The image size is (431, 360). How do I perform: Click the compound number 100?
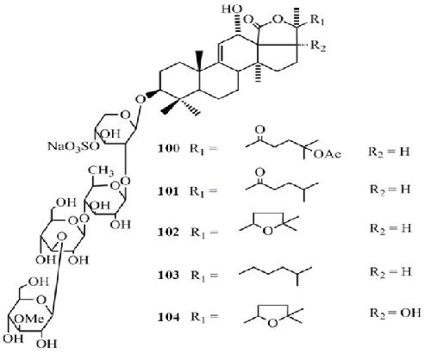[169, 149]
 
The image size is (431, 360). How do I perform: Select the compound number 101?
[168, 191]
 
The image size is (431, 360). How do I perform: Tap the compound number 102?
[168, 233]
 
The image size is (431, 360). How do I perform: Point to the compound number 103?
[168, 276]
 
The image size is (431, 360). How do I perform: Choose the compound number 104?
[168, 317]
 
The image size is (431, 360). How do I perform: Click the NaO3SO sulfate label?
[73, 146]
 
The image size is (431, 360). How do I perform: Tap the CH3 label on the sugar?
[101, 171]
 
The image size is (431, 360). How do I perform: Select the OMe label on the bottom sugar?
[29, 319]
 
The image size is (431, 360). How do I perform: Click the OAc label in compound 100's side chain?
[328, 154]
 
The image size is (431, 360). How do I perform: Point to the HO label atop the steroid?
[231, 9]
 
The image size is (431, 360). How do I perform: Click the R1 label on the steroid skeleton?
[317, 21]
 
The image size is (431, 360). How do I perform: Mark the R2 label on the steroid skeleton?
[318, 47]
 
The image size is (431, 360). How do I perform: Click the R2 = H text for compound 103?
[390, 272]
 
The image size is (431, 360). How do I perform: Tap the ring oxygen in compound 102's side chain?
[267, 231]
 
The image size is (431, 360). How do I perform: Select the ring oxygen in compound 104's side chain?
[272, 324]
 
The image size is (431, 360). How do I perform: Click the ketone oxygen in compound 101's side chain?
[259, 172]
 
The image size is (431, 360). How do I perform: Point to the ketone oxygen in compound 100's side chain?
[259, 130]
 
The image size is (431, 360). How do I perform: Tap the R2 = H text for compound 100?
[389, 152]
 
